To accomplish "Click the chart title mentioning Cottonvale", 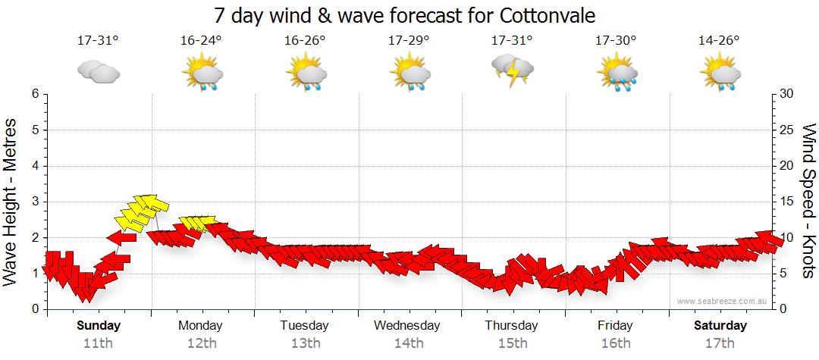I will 404,15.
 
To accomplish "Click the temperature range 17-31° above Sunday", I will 98,41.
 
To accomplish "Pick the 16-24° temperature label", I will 201,41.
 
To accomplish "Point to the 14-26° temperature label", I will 719,41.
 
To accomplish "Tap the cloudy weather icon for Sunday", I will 98,71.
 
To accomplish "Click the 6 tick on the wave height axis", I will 35,94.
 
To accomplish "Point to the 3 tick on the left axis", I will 35,202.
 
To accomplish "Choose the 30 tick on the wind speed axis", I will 788,94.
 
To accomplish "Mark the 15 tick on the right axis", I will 788,202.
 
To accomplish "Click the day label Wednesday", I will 407,326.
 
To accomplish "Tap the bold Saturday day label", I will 720,326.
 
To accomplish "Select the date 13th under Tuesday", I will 305,343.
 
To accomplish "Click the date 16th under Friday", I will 615,343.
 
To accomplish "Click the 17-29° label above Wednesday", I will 408,41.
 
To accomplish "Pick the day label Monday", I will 200,326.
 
